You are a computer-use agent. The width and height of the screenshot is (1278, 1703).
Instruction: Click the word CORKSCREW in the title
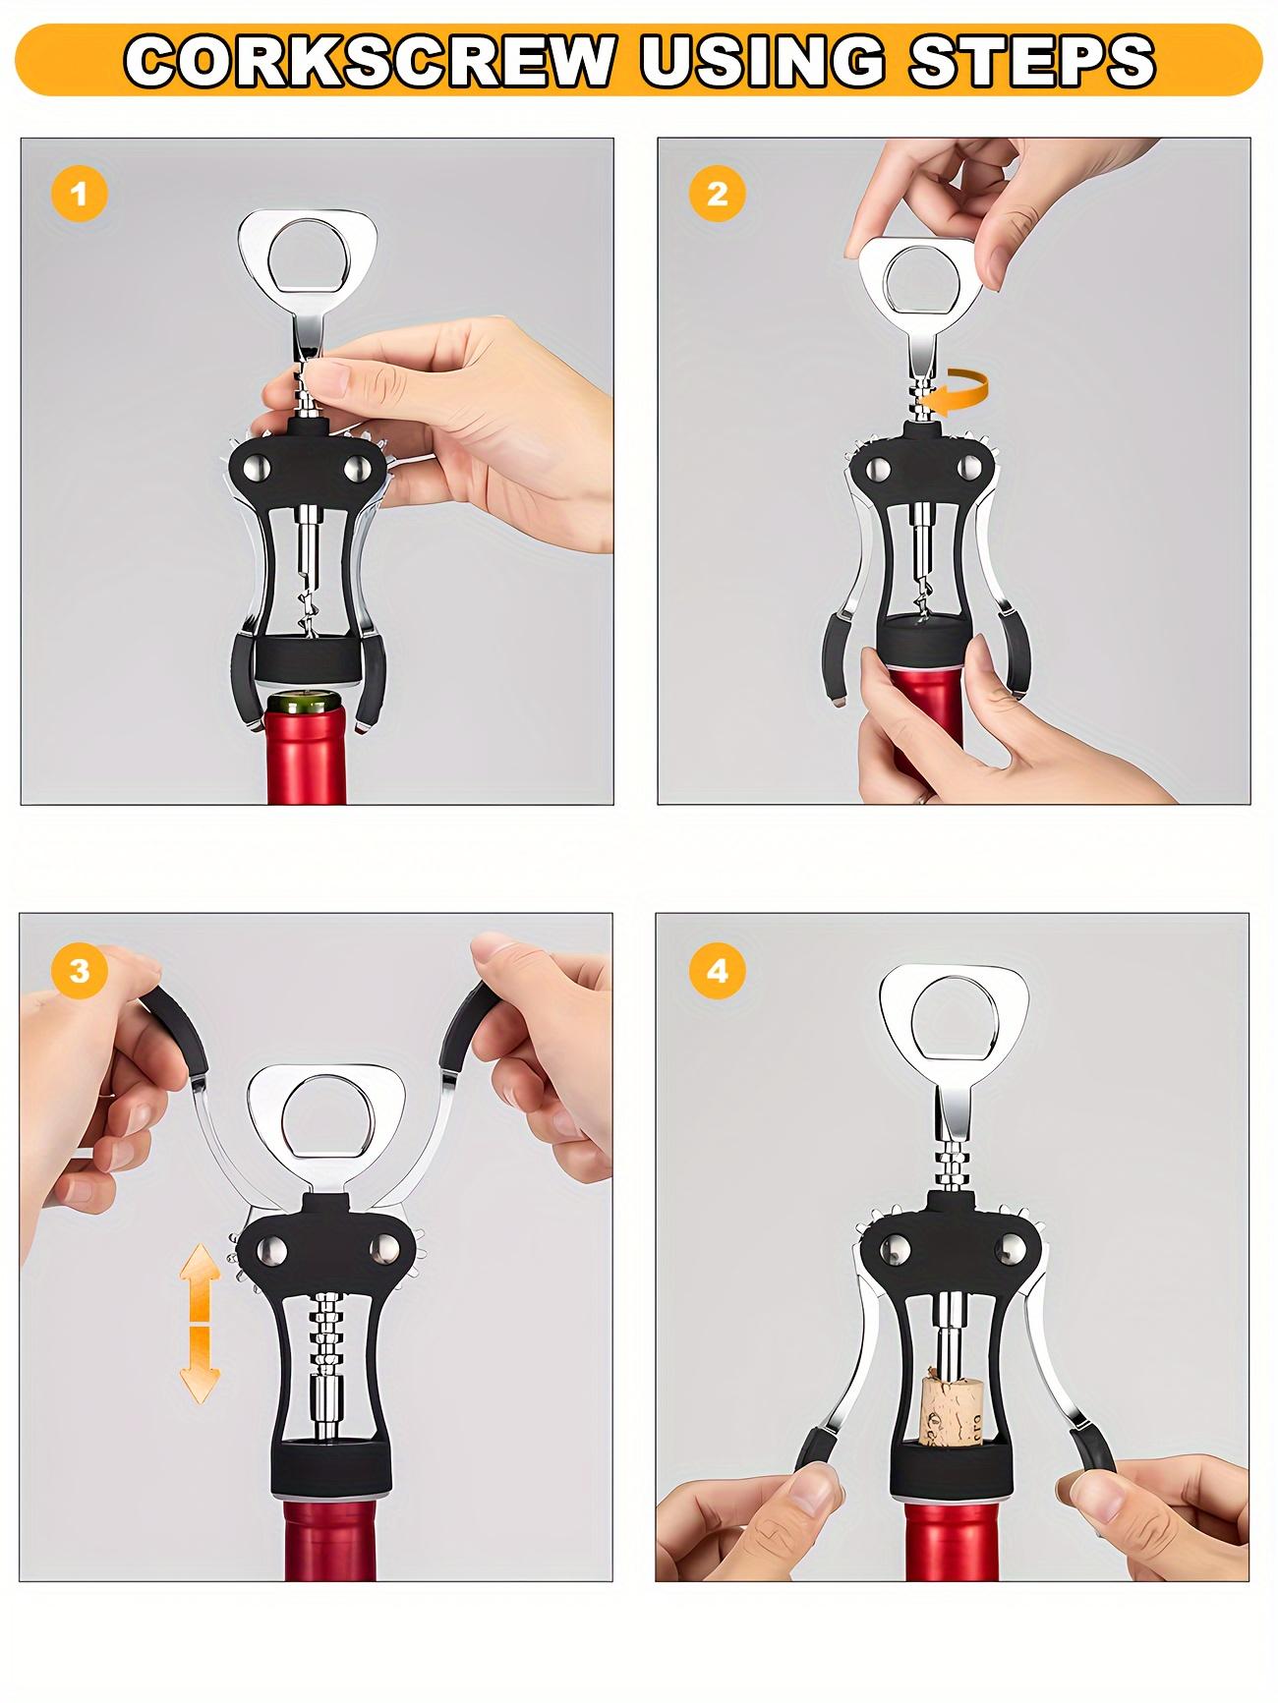pos(369,61)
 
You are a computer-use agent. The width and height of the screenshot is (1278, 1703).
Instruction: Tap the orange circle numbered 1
pos(79,194)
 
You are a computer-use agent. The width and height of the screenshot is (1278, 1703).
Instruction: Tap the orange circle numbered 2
pos(717,194)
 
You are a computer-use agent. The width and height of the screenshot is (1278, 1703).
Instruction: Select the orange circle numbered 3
pos(79,971)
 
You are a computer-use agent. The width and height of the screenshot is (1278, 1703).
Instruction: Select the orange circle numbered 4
pos(717,971)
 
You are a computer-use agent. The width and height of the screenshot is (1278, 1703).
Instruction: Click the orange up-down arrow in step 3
pos(199,1322)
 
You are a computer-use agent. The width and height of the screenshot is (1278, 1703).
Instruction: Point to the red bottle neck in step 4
pos(950,1533)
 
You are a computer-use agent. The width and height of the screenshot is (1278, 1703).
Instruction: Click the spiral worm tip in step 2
pos(923,599)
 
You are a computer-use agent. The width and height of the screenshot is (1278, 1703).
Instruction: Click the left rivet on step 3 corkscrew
pos(272,1250)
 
